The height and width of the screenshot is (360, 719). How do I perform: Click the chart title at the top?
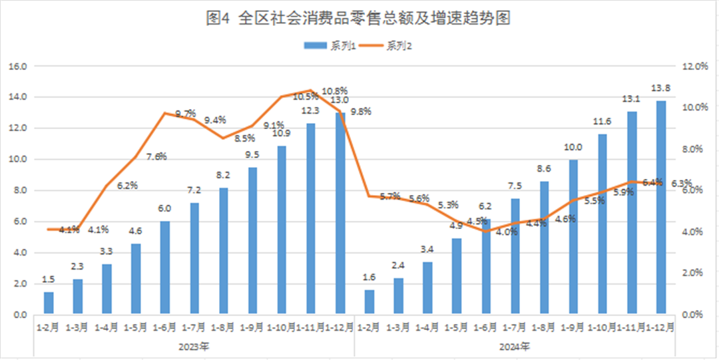359,19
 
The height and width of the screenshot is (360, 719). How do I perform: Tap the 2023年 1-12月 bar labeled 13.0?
340,213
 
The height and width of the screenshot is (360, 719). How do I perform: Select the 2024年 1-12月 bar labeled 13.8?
660,207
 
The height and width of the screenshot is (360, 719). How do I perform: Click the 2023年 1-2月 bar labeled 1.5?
49,303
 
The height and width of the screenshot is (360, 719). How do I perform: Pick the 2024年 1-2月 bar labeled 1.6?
369,302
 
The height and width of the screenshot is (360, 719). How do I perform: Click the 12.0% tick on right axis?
692,67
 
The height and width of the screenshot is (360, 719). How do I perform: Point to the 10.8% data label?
335,90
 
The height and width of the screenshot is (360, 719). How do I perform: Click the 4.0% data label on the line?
507,232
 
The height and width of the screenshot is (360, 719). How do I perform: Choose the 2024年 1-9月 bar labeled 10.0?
573,237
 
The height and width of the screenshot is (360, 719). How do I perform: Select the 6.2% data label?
126,186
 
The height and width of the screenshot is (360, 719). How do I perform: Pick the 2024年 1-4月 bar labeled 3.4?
427,288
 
